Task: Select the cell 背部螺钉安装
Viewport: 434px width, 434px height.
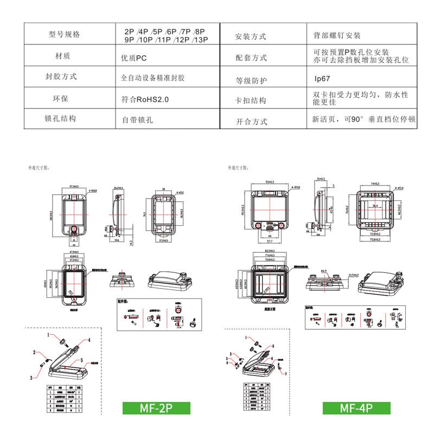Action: pos(336,35)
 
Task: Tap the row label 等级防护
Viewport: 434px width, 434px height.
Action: pos(251,81)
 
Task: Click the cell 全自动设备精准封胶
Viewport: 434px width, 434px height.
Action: pos(152,78)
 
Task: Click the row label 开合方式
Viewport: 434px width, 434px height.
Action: pos(251,122)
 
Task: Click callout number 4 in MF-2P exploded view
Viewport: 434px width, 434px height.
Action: pos(90,341)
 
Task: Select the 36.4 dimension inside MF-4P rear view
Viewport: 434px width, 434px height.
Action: pos(375,206)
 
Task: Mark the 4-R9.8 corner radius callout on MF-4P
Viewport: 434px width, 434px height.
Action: pos(296,187)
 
